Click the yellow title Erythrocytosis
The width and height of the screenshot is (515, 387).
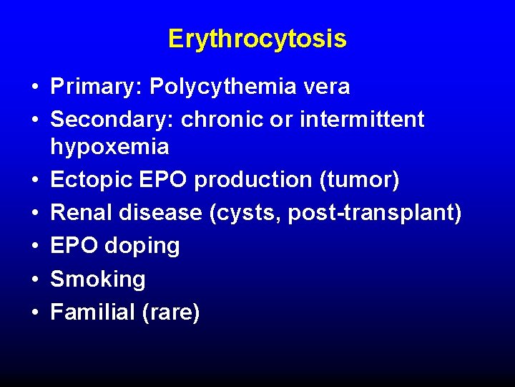[257, 39]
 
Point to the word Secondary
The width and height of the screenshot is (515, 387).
[112, 120]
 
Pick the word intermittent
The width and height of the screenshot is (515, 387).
[362, 120]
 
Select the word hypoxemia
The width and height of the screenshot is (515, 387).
[109, 148]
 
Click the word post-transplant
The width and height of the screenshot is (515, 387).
[372, 213]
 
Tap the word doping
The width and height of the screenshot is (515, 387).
[142, 246]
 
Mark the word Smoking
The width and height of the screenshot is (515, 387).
[98, 279]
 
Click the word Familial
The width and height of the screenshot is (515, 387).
[93, 312]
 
